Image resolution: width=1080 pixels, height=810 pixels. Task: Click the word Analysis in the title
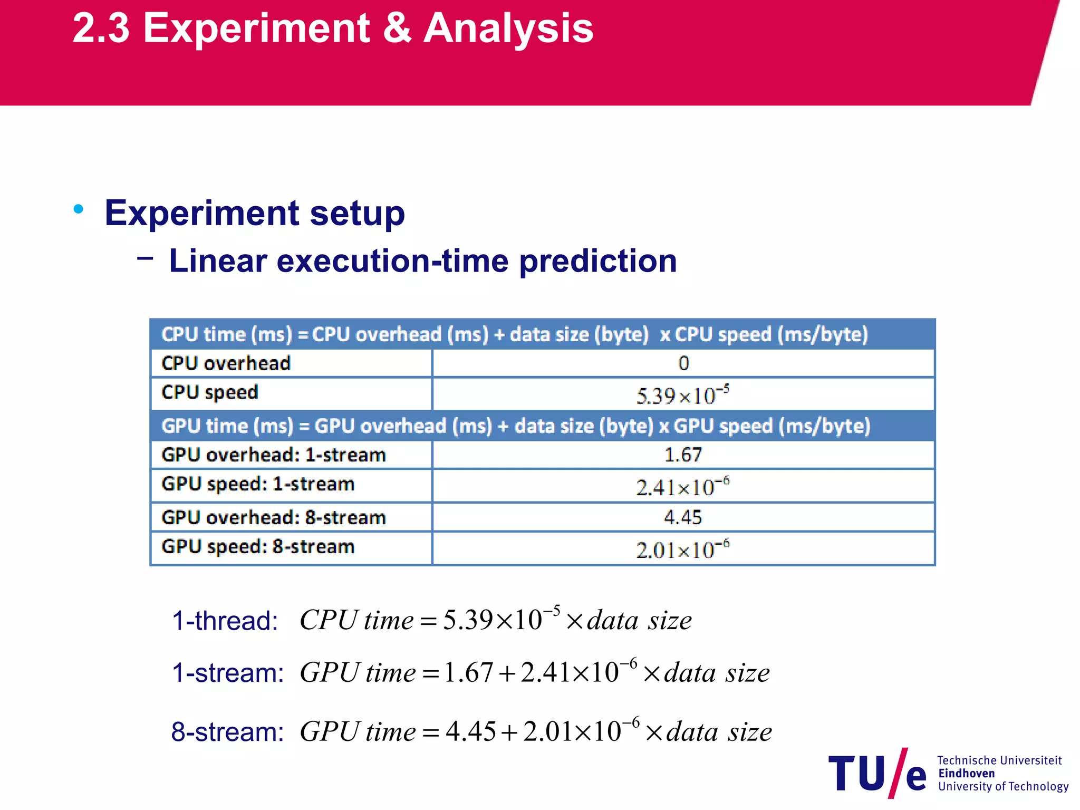(508, 29)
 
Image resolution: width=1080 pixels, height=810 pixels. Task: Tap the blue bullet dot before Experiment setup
(79, 209)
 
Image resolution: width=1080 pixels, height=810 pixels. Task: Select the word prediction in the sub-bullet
(597, 262)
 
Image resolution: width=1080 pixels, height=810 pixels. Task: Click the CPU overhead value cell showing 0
(683, 363)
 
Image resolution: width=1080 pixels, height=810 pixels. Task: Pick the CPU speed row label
(210, 393)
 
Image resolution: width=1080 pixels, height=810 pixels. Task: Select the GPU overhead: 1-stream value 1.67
(683, 455)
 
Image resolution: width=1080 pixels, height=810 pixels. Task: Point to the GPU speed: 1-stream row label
(258, 485)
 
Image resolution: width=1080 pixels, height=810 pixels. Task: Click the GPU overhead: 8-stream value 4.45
(683, 517)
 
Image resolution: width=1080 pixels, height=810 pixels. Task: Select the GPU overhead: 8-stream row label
(274, 518)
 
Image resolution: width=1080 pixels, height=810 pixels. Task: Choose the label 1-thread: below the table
(225, 621)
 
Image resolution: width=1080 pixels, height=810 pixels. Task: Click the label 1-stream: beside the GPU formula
(228, 673)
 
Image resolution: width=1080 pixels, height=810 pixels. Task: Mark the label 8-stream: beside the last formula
(228, 732)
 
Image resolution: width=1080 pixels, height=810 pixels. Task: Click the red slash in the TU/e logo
(898, 773)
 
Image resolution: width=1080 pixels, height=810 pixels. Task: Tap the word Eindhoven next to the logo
(966, 774)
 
